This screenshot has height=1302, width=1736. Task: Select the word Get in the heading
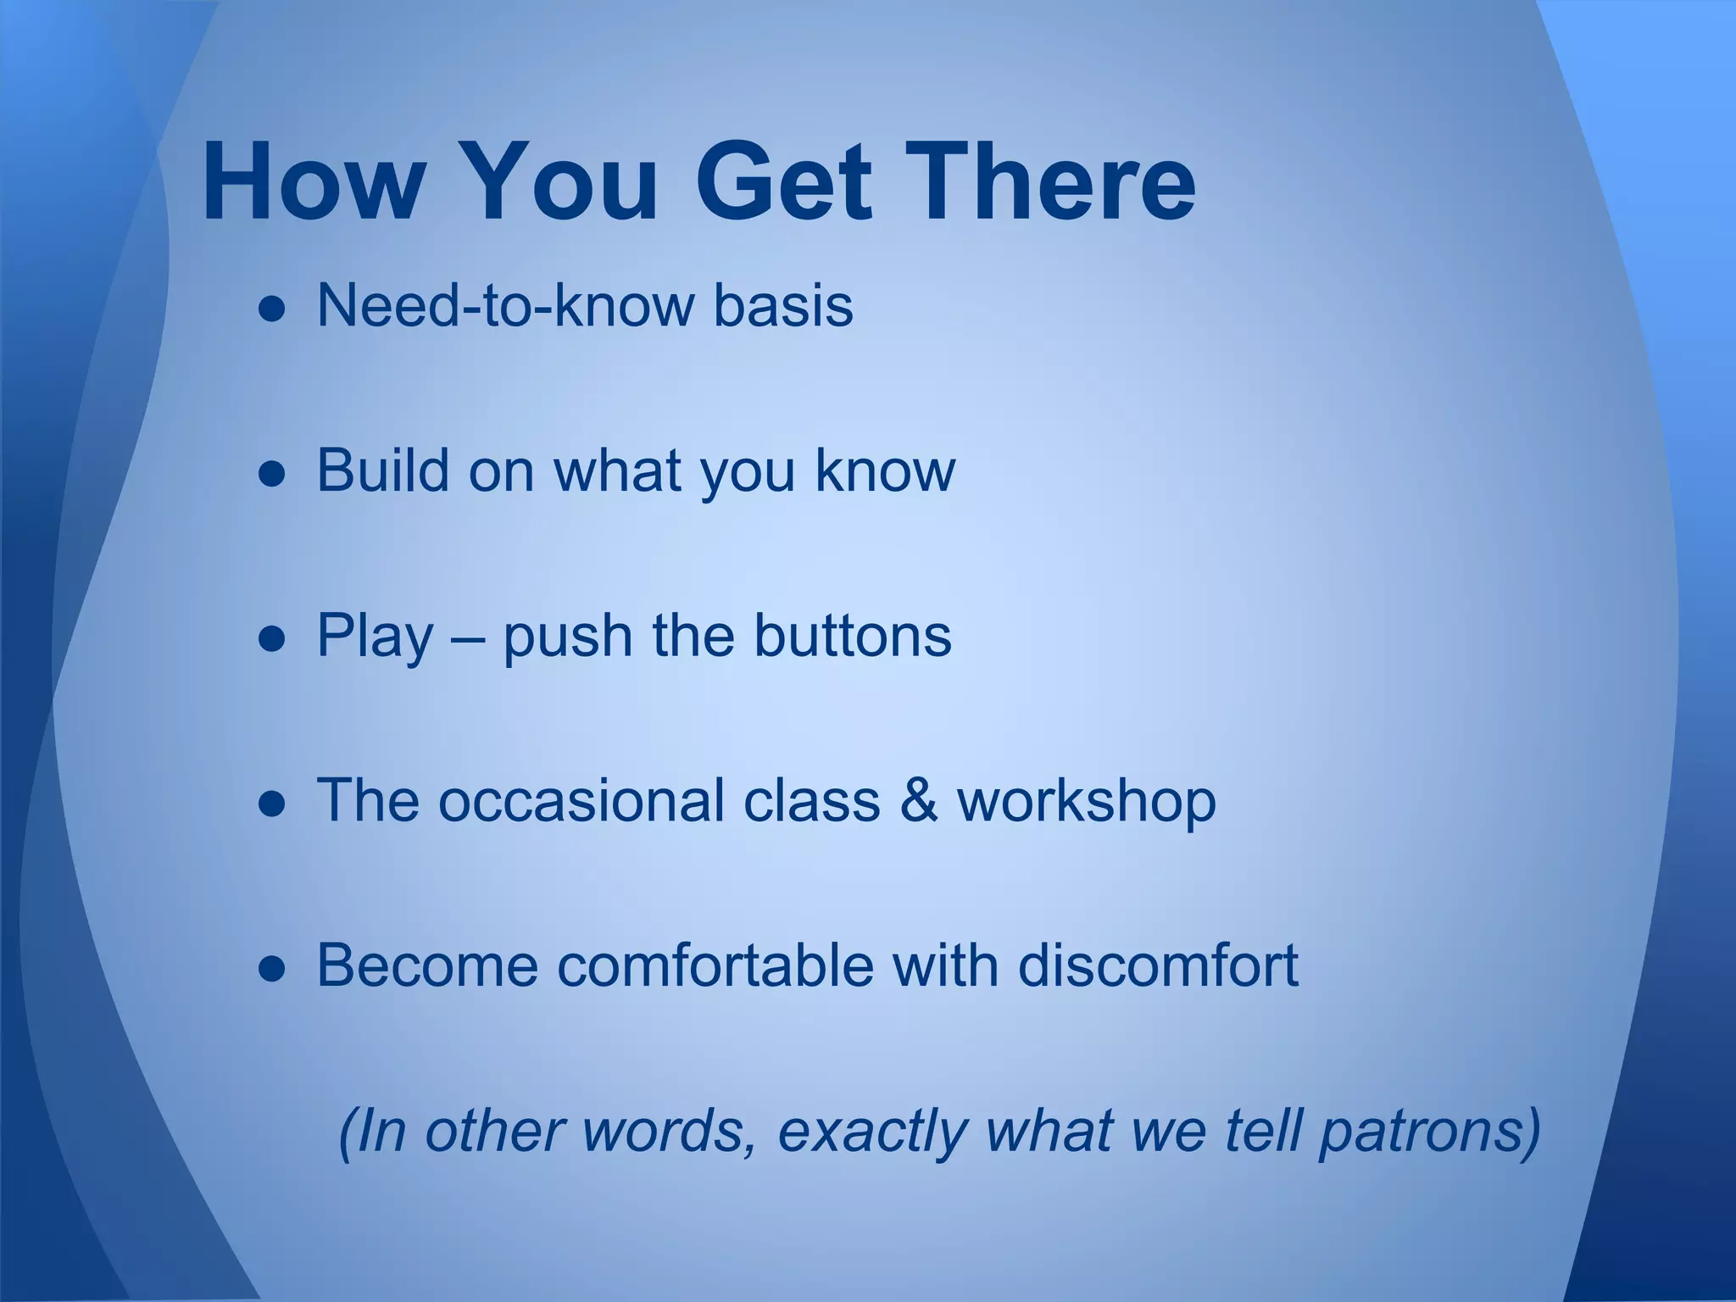click(783, 182)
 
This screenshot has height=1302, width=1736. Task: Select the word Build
click(382, 470)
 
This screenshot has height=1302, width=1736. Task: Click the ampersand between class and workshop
click(919, 800)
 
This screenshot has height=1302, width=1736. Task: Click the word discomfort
click(1157, 965)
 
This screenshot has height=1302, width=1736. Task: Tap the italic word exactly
click(871, 1132)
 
